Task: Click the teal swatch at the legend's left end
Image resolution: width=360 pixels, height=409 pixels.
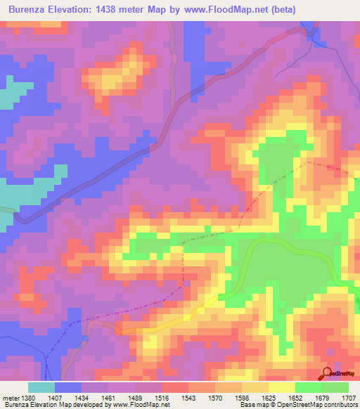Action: click(41, 387)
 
